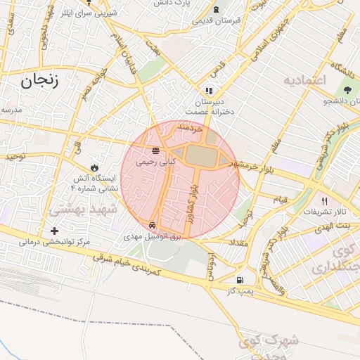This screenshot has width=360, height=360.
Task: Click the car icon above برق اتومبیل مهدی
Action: point(153,225)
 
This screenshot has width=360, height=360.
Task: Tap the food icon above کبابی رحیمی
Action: point(155,150)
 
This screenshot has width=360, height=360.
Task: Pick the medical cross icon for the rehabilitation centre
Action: point(55,231)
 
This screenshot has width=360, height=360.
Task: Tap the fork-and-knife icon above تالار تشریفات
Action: point(324,200)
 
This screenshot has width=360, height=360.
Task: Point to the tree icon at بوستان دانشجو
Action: point(347,89)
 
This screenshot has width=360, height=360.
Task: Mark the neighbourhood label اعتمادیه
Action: point(305,80)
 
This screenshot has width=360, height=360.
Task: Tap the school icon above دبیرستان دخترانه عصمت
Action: point(208,90)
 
